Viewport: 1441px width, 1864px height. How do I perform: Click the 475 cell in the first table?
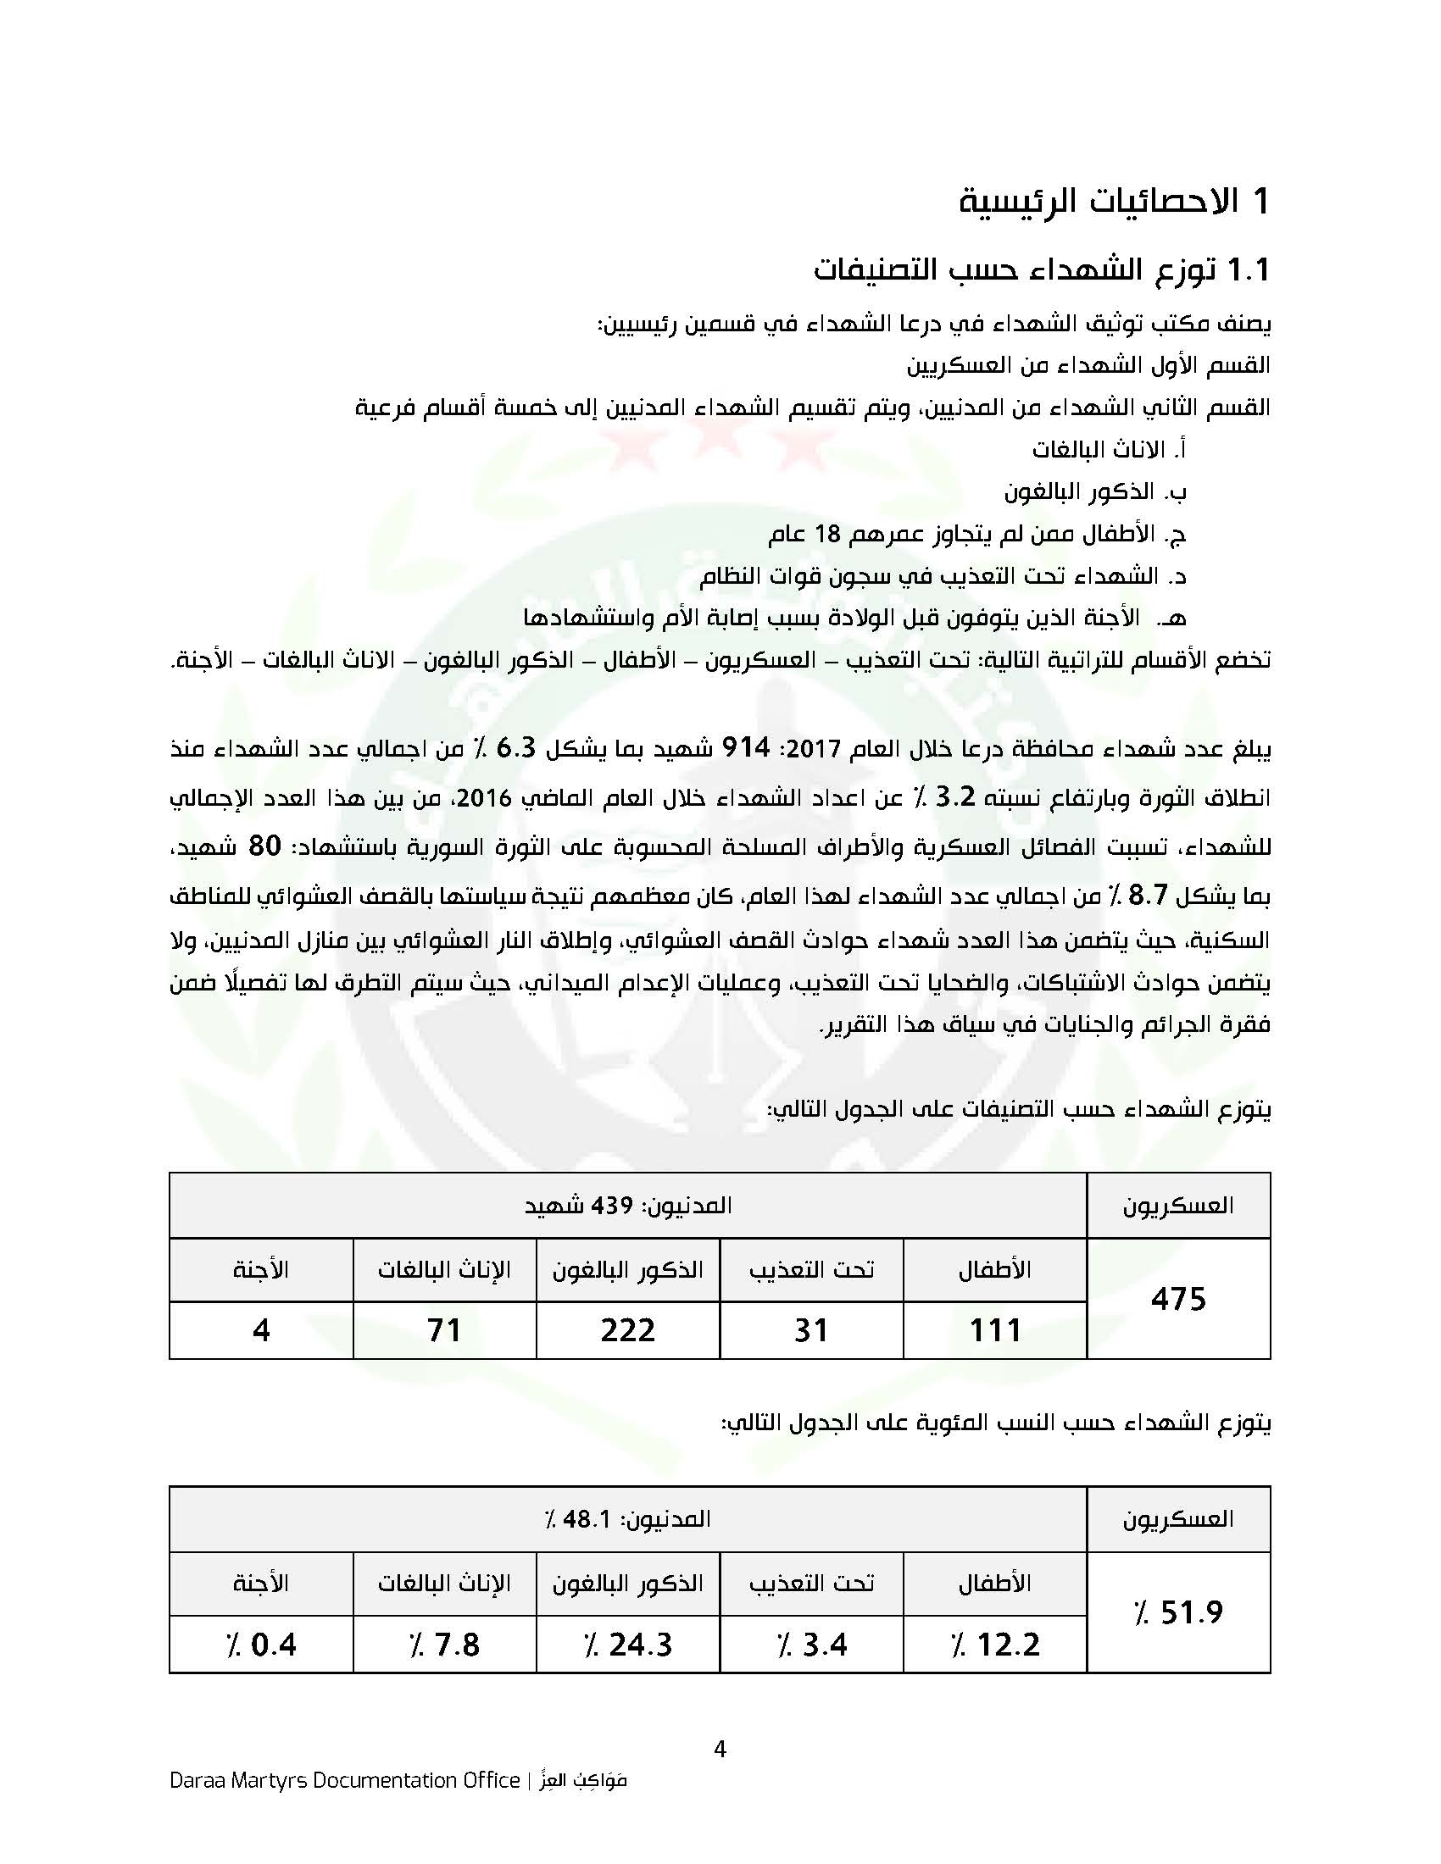[1178, 1299]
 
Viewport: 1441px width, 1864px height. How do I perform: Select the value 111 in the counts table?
[995, 1330]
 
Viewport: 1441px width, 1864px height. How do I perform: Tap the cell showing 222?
[627, 1330]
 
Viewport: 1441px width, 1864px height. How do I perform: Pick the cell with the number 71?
[445, 1330]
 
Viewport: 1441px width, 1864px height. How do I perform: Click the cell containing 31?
[811, 1330]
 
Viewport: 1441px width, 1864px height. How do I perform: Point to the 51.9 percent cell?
[1178, 1612]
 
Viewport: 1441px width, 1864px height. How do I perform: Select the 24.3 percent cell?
[627, 1645]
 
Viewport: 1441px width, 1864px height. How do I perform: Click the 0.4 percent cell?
[261, 1645]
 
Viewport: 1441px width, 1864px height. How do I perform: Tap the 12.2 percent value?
[995, 1645]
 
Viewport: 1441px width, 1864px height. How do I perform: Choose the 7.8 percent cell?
[445, 1645]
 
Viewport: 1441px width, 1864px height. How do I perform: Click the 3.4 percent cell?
[811, 1645]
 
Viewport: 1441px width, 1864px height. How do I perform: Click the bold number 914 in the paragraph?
[746, 747]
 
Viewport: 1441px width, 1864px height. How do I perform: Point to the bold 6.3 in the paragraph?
[515, 747]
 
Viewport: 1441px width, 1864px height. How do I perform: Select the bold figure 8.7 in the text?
[1148, 896]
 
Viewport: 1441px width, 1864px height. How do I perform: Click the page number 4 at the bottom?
[720, 1749]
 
